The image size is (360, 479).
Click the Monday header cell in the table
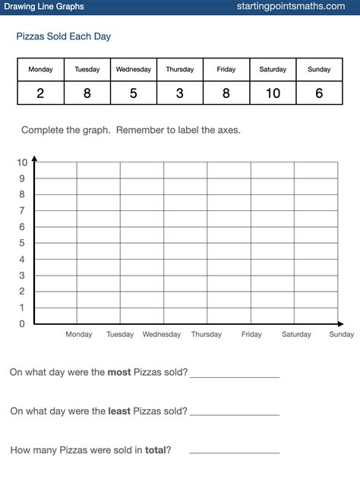point(41,70)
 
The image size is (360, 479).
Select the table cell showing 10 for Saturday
point(273,93)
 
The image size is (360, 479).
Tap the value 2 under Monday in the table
point(41,93)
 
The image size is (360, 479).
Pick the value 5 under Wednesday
point(133,93)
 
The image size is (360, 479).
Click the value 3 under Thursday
point(179,93)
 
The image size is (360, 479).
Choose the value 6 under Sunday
point(319,93)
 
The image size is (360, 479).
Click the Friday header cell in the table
point(226,70)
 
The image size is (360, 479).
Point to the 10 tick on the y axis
point(21,162)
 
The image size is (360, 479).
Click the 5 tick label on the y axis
point(23,243)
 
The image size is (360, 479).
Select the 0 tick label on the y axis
point(23,324)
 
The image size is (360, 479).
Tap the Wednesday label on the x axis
point(162,335)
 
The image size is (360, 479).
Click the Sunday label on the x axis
point(341,335)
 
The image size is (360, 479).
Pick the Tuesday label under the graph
point(120,335)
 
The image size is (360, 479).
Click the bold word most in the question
point(119,372)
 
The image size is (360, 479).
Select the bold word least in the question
point(118,411)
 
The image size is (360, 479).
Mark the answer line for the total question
point(234,452)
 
